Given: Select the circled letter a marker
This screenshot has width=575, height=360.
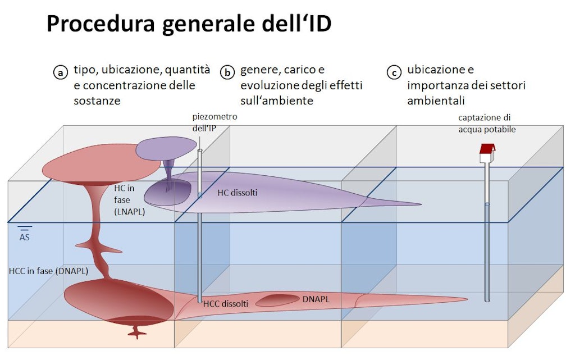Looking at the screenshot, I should point(59,73).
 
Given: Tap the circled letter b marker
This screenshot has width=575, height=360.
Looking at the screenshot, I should point(227,72).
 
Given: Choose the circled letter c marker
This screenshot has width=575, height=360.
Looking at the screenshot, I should point(394,73).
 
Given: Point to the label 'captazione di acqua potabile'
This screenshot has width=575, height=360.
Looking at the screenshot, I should point(486,124).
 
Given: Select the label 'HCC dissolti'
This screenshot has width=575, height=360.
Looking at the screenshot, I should point(225,304).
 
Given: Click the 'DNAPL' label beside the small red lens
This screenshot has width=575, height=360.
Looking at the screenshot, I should point(316,299).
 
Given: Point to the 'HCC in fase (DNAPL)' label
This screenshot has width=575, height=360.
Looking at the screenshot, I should point(48,271).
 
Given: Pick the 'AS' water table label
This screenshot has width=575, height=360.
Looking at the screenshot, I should point(25,238).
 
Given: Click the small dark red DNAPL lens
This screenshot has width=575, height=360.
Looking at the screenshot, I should point(277,301).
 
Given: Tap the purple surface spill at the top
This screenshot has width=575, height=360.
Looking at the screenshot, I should point(166,148).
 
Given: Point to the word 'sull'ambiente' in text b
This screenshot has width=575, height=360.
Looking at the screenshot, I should point(276,101).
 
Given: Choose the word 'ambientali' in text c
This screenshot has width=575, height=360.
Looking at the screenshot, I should point(436,101).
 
